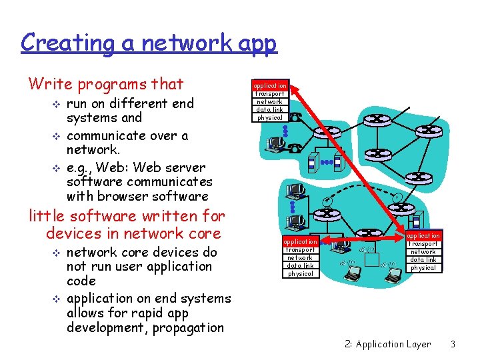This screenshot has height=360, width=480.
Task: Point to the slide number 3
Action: point(453,344)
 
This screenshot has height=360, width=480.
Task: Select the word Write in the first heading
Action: point(50,84)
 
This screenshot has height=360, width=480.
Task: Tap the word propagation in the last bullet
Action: point(188,327)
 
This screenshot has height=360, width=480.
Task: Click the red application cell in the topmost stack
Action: point(270,86)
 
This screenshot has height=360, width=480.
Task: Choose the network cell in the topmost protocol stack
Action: point(270,102)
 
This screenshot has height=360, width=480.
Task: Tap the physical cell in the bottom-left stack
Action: point(300,273)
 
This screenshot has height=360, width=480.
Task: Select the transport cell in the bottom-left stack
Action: point(300,249)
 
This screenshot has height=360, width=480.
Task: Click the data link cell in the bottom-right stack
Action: point(423,260)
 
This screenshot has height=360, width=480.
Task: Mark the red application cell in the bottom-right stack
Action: point(423,236)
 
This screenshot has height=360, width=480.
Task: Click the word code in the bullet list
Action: point(81,281)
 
